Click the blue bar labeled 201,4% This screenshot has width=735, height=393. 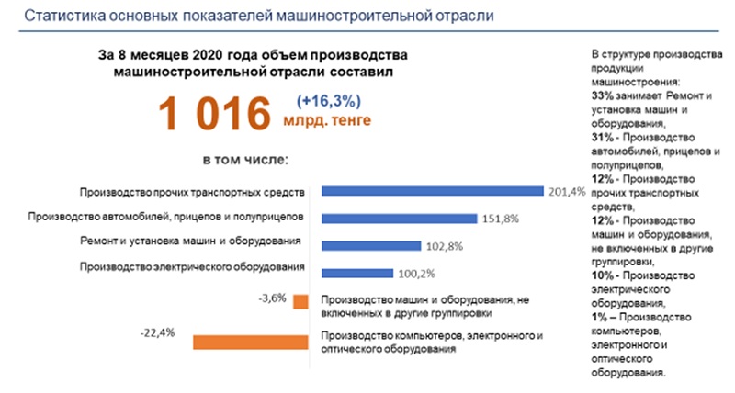(x=431, y=191)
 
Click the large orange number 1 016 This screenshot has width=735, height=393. (x=213, y=114)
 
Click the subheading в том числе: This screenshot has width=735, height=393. (x=241, y=158)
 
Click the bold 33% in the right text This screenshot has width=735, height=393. (x=603, y=96)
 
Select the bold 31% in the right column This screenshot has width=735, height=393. (x=603, y=137)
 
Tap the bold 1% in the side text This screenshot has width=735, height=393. (x=600, y=318)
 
